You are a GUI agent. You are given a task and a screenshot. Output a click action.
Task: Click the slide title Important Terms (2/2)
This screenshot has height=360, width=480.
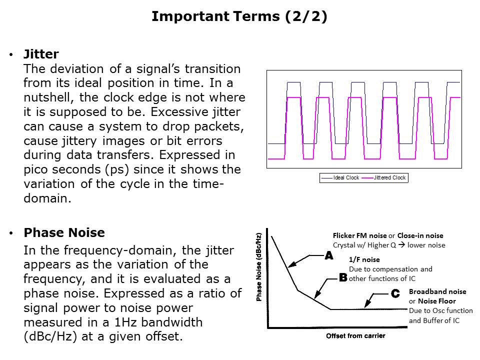point(239,16)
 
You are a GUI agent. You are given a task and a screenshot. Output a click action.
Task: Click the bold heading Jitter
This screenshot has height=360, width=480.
point(41,54)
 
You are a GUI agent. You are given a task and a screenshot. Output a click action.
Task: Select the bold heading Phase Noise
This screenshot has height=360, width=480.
point(64,232)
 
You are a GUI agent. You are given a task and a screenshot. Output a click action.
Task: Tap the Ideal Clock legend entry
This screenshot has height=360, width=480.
point(340,177)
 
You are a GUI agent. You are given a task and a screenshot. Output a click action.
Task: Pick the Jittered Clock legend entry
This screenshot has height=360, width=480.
point(384,177)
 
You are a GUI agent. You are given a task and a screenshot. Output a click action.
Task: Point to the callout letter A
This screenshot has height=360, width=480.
point(329,255)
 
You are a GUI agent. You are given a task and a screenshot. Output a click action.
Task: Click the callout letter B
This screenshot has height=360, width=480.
point(343,277)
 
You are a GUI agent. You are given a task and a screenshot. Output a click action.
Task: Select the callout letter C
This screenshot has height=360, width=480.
point(395,294)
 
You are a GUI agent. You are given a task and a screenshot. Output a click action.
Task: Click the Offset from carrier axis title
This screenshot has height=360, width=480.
point(355,336)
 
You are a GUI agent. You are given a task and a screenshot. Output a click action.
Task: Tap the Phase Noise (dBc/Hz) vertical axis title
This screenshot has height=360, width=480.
point(259,267)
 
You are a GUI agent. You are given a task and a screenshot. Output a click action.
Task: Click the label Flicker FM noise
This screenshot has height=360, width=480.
point(359,235)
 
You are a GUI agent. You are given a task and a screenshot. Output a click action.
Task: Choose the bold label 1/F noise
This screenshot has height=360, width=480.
point(364,259)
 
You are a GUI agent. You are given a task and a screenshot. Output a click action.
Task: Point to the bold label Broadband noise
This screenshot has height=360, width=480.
point(437,291)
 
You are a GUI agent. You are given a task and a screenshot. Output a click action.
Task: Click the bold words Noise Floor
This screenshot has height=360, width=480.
point(437,301)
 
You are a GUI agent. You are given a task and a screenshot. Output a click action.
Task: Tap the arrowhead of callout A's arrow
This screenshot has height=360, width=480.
point(291,265)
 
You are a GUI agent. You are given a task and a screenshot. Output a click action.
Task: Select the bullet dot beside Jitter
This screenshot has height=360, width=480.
point(11,55)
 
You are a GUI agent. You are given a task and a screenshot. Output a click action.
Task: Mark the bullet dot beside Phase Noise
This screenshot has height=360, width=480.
point(11,233)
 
